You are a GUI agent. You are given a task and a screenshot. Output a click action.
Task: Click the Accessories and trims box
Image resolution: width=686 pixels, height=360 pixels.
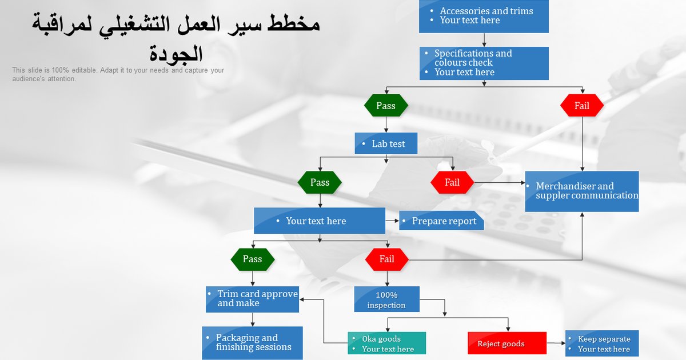484,16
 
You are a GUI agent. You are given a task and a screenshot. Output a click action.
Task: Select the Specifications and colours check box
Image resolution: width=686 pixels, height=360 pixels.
484,63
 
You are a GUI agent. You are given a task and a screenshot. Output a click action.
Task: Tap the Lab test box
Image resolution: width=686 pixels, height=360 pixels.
386,143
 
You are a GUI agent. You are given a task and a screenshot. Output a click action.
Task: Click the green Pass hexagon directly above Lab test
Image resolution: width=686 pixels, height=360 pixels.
386,106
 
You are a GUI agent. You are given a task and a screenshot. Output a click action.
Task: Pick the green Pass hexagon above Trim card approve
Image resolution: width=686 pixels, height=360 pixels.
252,259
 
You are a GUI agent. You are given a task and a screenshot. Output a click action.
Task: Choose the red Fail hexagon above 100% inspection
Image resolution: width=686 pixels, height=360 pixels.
387,259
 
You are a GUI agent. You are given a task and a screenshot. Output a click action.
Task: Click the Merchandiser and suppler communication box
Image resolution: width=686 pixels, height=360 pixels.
582,191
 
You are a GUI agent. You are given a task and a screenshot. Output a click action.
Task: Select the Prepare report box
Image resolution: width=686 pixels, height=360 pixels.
441,221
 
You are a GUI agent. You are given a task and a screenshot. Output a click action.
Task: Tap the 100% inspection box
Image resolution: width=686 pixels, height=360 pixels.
386,299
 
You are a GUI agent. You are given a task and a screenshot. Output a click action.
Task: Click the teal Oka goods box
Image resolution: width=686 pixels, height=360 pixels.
386,343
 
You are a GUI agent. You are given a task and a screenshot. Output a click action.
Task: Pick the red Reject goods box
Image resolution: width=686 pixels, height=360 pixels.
507,343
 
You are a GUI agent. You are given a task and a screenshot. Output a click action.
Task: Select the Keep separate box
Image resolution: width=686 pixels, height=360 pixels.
602,343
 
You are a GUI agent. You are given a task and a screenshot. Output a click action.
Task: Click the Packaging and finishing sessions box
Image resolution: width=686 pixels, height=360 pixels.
252,343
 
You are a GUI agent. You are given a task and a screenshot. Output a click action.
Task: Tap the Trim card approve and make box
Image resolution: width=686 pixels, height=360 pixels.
252,299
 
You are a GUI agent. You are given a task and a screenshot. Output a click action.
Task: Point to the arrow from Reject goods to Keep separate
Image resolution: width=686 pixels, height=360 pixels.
556,343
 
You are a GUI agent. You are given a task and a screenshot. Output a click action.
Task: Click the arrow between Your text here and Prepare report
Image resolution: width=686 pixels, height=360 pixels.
392,221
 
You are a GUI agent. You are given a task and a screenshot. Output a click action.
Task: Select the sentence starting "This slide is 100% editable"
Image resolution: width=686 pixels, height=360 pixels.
118,74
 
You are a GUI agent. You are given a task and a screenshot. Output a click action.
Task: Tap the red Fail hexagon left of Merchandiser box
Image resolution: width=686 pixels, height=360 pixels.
452,183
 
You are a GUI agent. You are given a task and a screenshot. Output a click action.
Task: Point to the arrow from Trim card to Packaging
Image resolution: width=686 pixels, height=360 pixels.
253,319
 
